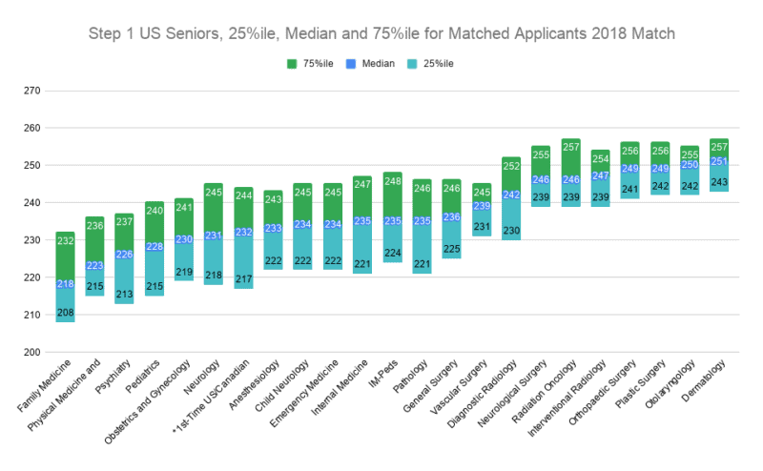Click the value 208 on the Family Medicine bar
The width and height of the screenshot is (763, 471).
coord(66,312)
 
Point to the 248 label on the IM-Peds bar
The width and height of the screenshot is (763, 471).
coord(393,181)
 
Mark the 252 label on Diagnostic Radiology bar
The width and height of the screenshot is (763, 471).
coord(511,166)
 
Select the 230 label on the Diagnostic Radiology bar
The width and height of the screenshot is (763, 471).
coord(511,230)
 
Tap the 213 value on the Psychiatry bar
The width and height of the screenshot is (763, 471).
coord(124,294)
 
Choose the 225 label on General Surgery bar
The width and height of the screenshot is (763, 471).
coord(452,249)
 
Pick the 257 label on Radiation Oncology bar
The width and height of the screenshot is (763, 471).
coord(570,147)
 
